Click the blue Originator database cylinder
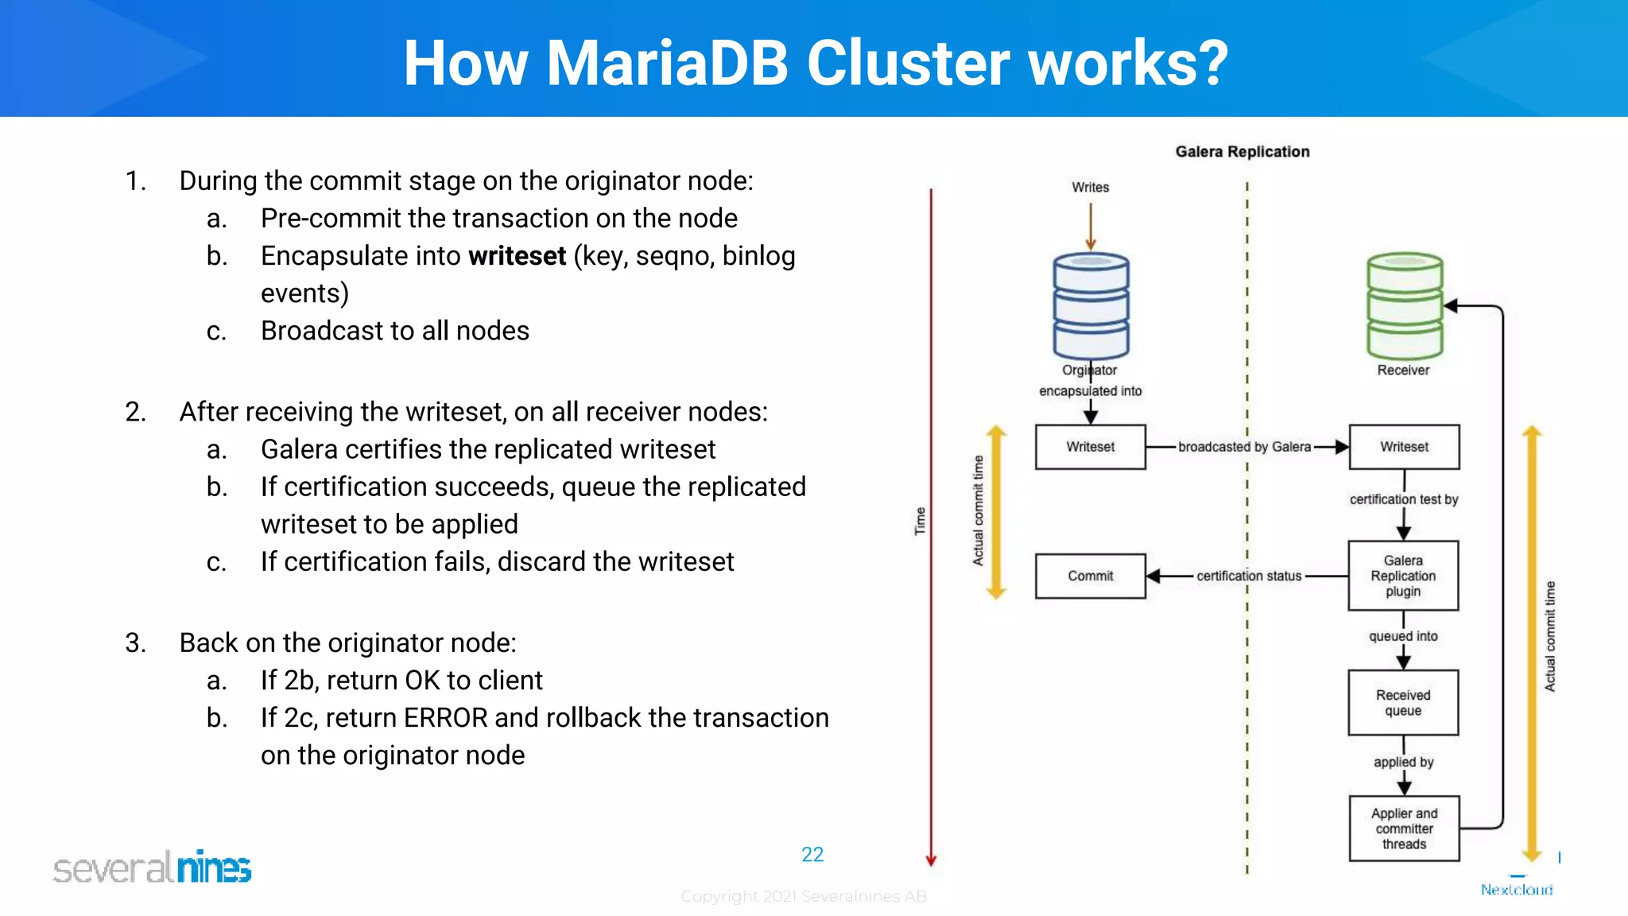1091,306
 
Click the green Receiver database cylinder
1405,306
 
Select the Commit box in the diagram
1090,576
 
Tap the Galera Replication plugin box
1403,576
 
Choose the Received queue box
1403,703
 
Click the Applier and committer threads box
1404,829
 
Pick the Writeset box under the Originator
1090,447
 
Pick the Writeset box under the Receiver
1404,447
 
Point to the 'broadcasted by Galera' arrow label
1244,447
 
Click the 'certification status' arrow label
1249,576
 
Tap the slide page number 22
812,855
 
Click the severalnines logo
152,867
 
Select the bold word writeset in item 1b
517,256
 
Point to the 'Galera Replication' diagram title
1242,152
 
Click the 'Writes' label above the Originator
1090,188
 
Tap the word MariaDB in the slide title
667,64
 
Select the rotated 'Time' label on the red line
920,522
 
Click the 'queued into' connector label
1403,636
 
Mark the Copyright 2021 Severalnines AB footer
804,897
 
